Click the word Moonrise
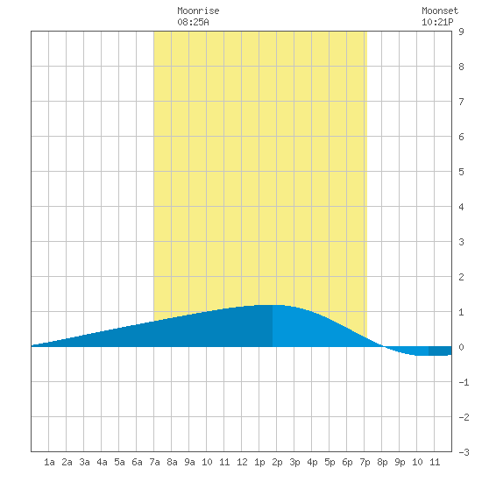coord(198,11)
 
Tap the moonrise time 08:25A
coord(193,22)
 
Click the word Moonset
coord(440,11)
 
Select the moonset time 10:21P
coord(437,22)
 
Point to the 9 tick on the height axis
coord(461,32)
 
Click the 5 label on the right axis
coord(461,172)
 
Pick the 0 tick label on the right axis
coord(461,347)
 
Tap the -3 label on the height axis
coord(464,452)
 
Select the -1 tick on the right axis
coord(464,382)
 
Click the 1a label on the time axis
coord(49,462)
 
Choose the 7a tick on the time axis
coord(154,462)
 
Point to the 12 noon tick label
coord(242,462)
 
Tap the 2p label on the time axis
coord(277,462)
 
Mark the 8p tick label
coord(382,462)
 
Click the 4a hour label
coord(102,462)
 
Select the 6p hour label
coord(347,462)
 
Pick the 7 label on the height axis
coord(461,102)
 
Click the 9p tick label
coord(400,462)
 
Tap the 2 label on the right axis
coord(461,277)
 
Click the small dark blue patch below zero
coord(440,351)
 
